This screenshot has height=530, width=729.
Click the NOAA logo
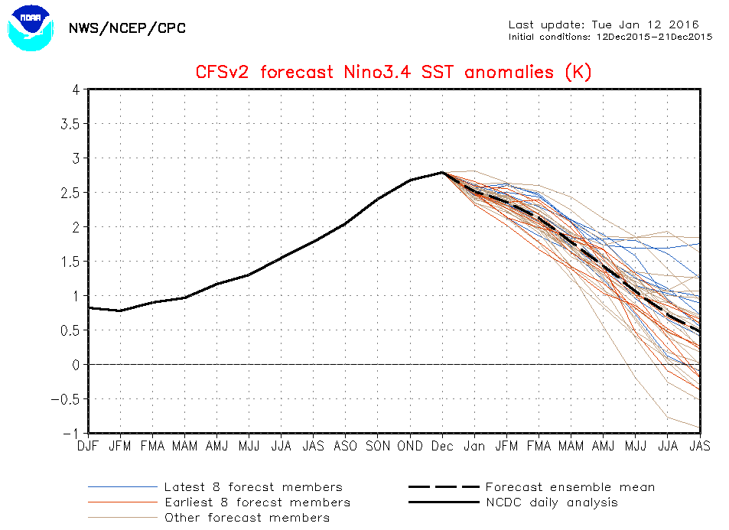coord(31,28)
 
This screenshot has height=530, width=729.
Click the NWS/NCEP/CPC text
coord(127,28)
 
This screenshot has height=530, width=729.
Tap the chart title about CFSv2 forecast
coord(394,73)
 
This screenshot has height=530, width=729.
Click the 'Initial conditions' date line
coord(610,36)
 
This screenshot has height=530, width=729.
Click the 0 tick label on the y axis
coord(76,365)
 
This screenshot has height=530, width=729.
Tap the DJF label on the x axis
coord(89,446)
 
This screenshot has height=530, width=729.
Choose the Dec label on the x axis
coord(443,446)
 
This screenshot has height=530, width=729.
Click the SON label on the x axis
coord(378,446)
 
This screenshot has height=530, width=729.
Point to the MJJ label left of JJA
coord(249,446)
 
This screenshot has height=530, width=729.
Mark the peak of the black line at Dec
coord(443,172)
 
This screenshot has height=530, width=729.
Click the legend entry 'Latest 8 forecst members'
coord(253,487)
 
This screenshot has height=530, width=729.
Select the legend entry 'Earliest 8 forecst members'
coord(257,502)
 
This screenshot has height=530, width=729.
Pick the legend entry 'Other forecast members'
coord(247,518)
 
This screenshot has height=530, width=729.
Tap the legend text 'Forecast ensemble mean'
coord(570,487)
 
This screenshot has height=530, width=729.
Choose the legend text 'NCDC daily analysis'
coord(552,502)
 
